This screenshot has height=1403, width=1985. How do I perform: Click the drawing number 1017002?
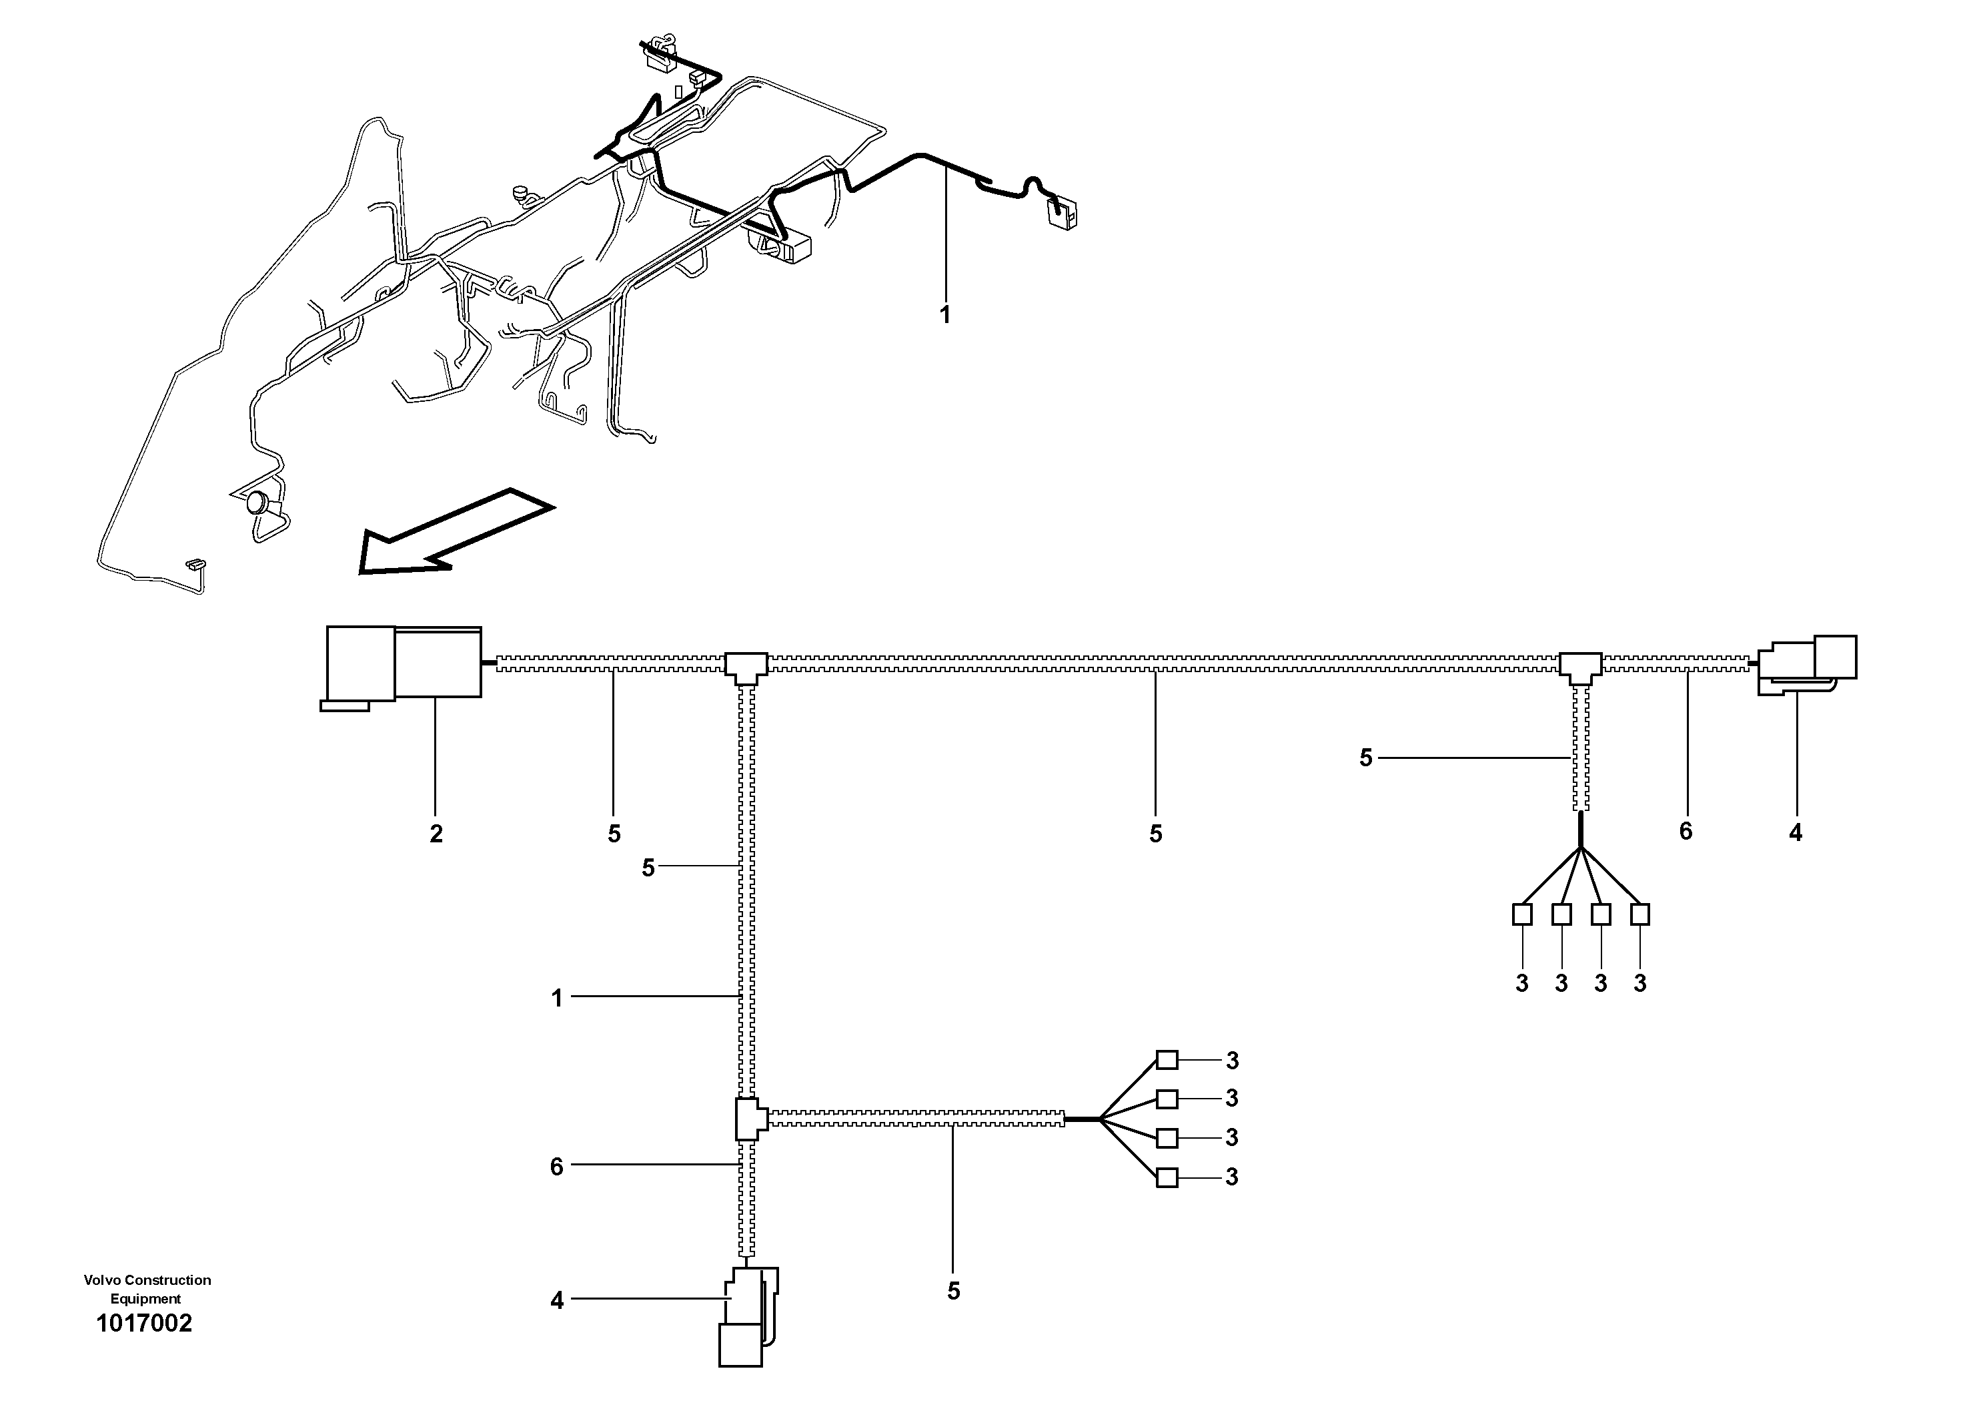(144, 1324)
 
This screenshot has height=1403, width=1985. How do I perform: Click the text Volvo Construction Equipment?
(147, 1289)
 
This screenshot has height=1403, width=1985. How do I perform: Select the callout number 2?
(436, 834)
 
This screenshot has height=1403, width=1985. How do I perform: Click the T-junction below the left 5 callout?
(745, 666)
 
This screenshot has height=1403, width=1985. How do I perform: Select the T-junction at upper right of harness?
(1579, 666)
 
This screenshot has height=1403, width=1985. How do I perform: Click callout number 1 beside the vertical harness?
(557, 999)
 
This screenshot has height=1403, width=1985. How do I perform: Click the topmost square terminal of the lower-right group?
(1167, 1060)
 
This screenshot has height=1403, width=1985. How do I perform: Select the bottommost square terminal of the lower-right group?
(1167, 1177)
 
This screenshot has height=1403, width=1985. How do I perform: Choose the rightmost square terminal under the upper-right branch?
(1639, 914)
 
